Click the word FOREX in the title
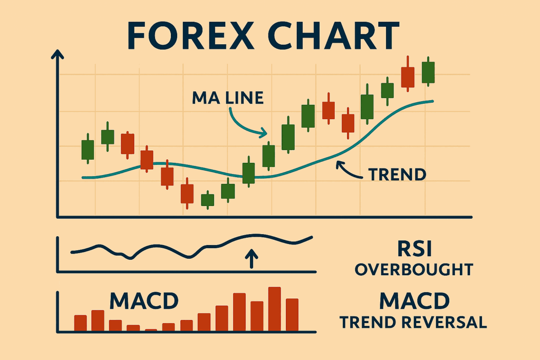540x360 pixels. coord(190,35)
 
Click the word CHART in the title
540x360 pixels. coord(333,35)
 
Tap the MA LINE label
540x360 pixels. coord(228,98)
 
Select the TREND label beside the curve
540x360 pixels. coord(397,174)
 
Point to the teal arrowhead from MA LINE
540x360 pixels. coord(264,132)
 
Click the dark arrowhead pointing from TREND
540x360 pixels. coord(340,164)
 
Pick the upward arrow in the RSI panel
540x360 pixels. coord(252,258)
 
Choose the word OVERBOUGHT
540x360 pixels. coord(414,269)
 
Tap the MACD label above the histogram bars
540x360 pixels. coord(144,300)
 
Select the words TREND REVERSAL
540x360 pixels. coord(413,323)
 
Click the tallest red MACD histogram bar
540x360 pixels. coord(274,309)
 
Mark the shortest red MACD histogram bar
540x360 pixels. coord(151,330)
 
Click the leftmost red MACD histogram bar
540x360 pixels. coord(81,323)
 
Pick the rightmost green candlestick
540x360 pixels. coord(428,72)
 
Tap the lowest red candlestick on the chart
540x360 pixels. coord(187,194)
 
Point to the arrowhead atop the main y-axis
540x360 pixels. coord(57,55)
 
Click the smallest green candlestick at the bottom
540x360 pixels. coord(207,200)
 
